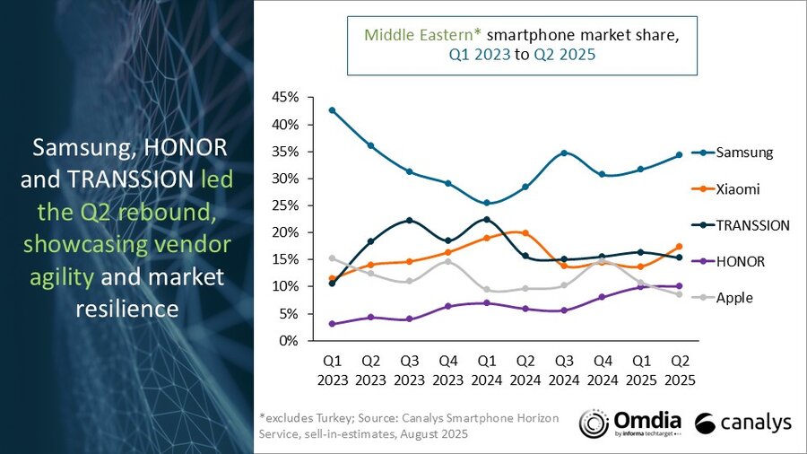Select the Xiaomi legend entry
(736, 189)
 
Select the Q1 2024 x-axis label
(486, 371)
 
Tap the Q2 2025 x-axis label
(679, 371)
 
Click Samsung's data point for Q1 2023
(332, 110)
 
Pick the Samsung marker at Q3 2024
(563, 153)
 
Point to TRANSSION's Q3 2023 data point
(409, 220)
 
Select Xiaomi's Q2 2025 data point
(679, 246)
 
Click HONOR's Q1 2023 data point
(332, 324)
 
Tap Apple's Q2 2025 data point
(679, 294)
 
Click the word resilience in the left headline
(126, 309)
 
